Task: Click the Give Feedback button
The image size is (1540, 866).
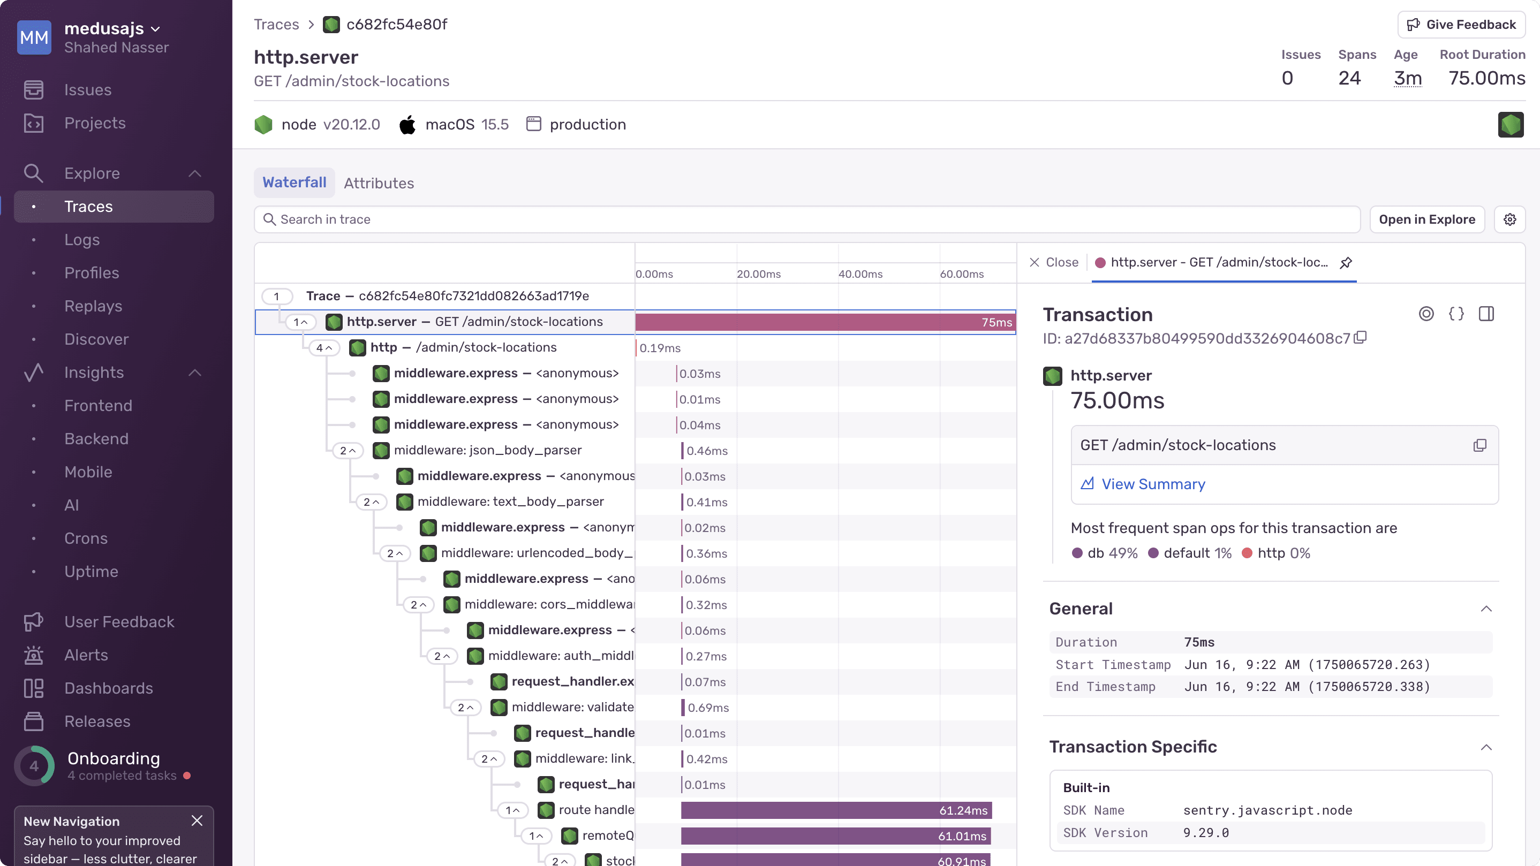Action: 1461,25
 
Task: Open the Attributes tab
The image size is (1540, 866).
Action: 379,183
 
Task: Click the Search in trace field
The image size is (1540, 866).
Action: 807,219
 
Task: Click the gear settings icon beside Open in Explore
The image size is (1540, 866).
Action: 1509,219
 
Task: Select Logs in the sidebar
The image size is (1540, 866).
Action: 82,240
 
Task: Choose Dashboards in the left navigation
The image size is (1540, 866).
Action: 108,688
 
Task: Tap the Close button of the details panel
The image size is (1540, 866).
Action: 1053,262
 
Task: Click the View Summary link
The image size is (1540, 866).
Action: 1153,484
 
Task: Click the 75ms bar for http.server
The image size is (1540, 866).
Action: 825,322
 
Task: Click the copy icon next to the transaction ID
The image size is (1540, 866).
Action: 1360,338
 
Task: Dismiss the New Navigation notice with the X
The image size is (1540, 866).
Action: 197,821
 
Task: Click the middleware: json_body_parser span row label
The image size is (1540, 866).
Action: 487,450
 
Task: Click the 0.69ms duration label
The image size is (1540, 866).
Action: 708,708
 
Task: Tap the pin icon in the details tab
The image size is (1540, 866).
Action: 1346,262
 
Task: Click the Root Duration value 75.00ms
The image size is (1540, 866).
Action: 1486,78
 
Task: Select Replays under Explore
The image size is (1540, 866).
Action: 93,306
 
